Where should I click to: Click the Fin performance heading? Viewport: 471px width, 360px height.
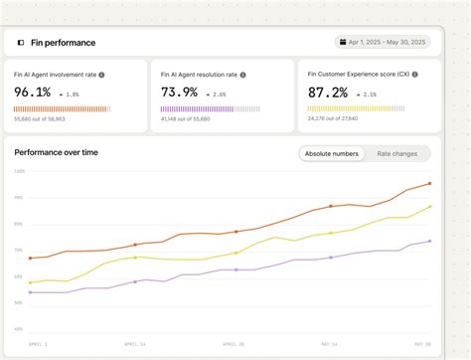click(x=63, y=43)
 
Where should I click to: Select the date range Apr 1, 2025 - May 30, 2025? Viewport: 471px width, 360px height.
click(x=387, y=43)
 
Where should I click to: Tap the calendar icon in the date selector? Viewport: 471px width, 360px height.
click(x=342, y=43)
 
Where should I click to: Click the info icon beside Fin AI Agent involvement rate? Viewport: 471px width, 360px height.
click(x=101, y=75)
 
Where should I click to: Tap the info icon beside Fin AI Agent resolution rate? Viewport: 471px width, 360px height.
click(x=243, y=75)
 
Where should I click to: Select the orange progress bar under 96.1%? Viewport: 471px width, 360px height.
click(x=62, y=108)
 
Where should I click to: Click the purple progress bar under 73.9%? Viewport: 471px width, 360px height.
click(x=209, y=108)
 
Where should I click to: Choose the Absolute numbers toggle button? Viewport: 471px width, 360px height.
click(x=331, y=154)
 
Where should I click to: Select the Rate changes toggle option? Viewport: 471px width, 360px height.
click(x=396, y=154)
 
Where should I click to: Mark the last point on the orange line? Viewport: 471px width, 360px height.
click(x=429, y=183)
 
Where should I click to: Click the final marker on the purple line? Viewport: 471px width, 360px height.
click(x=429, y=241)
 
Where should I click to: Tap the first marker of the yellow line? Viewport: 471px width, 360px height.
click(x=31, y=282)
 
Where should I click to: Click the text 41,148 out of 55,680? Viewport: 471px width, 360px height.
click(x=186, y=119)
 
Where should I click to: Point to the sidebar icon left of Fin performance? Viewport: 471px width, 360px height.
click(x=21, y=43)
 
